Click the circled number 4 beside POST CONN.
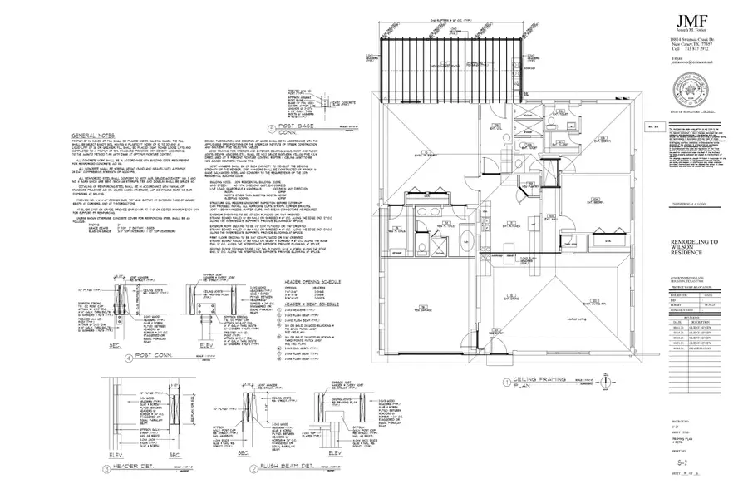click(x=125, y=361)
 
